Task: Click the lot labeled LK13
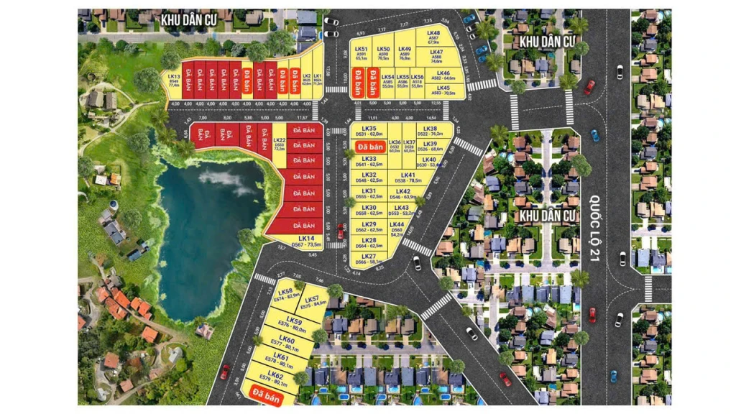pyautogui.click(x=174, y=80)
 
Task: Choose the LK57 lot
pyautogui.click(x=311, y=303)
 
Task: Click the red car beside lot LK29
pyautogui.click(x=340, y=231)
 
